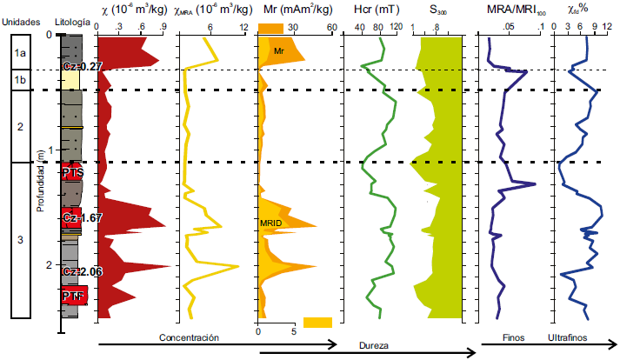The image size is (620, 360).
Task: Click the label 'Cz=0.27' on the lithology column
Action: (x=83, y=66)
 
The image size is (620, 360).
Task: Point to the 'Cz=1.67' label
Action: (x=83, y=218)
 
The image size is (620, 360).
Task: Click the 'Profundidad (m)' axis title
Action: (x=43, y=182)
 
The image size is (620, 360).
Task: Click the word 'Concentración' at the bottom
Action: (x=189, y=337)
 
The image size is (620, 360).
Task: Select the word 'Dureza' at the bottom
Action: (x=375, y=345)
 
